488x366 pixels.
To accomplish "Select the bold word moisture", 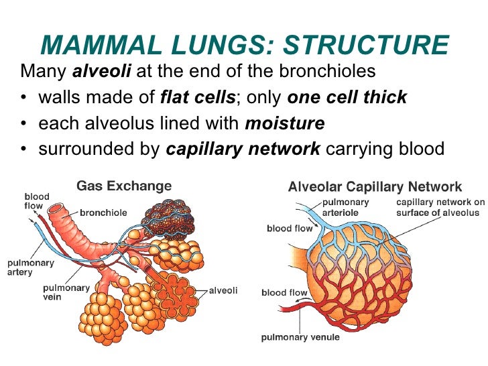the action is click(286, 123).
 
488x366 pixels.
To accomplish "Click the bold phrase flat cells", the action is click(198, 97).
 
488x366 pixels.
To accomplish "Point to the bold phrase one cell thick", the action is click(347, 97).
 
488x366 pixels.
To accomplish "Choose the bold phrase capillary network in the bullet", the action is click(243, 149).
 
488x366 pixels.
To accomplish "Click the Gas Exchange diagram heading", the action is click(124, 186).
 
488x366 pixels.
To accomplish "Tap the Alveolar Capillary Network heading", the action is click(375, 186).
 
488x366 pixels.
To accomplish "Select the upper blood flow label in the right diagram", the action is click(288, 229).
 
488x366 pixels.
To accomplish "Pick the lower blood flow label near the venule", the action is click(284, 292).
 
